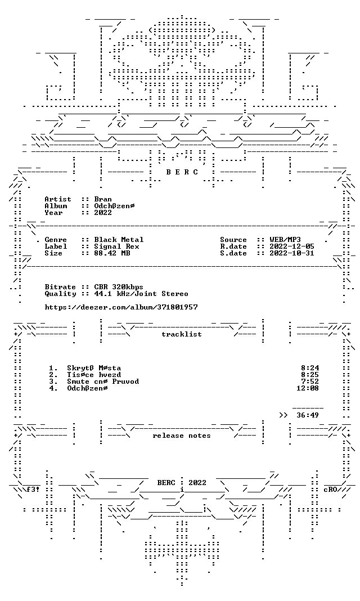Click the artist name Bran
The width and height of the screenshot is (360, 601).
click(x=103, y=199)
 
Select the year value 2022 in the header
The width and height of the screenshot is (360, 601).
click(x=103, y=213)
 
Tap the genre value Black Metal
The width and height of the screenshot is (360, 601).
click(x=119, y=240)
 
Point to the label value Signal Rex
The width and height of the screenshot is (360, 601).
click(x=116, y=246)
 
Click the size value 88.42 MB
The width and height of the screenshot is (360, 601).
click(x=112, y=253)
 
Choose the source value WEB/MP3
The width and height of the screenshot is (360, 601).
click(x=285, y=240)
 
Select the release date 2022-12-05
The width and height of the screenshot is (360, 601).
click(x=292, y=246)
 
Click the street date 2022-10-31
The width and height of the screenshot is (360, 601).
click(x=292, y=253)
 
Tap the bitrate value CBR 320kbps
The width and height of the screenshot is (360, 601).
click(x=119, y=287)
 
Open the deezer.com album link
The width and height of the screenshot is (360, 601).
click(x=121, y=307)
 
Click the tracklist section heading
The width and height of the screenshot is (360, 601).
click(x=182, y=334)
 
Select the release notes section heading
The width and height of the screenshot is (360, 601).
click(x=182, y=436)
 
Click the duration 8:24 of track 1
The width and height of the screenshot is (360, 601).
click(x=310, y=369)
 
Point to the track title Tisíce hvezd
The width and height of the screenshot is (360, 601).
click(x=94, y=375)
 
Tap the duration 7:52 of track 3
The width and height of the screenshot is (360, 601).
click(x=310, y=382)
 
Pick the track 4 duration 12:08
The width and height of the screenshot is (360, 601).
click(x=308, y=388)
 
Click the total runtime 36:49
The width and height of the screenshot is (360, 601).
click(x=308, y=415)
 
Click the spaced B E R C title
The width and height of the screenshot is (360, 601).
click(x=182, y=172)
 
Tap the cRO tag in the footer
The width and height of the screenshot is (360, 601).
click(x=330, y=490)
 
